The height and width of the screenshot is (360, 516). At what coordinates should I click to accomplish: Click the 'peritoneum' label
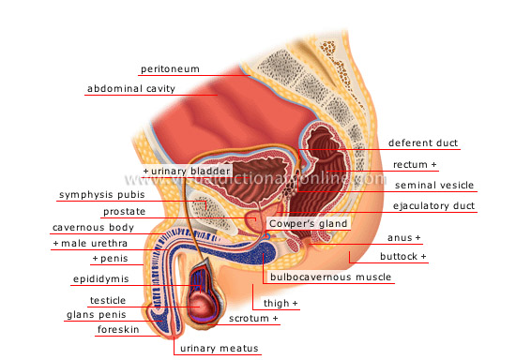[x=170, y=69]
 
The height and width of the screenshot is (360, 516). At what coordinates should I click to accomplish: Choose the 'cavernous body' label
[x=93, y=227]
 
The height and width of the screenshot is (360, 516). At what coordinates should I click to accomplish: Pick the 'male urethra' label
[x=95, y=244]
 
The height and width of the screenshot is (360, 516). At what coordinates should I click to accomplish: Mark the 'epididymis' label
[x=99, y=279]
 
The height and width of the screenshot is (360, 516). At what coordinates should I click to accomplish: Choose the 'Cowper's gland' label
[x=309, y=224]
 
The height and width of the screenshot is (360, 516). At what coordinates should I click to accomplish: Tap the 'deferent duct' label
[x=422, y=143]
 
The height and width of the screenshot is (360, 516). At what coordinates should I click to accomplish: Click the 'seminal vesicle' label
[x=434, y=185]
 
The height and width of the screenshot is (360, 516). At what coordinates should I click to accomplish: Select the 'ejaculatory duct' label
[x=433, y=205]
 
